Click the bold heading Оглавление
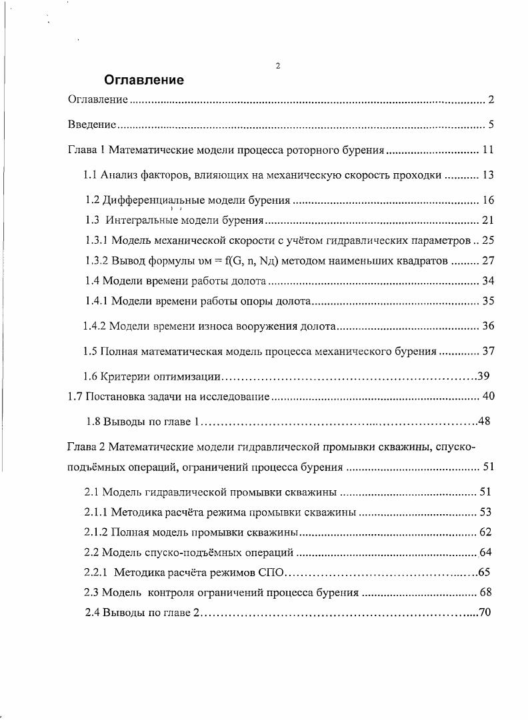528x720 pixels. (x=143, y=81)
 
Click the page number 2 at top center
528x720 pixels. (x=277, y=65)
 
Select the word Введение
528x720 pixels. (x=93, y=125)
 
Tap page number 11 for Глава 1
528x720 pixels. (x=487, y=150)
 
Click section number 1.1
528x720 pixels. (x=91, y=175)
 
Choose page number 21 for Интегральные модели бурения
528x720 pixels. (x=487, y=220)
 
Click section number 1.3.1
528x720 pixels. (x=96, y=240)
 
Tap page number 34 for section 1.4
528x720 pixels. (x=487, y=280)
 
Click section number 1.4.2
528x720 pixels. (x=94, y=326)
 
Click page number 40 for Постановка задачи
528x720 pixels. (x=487, y=396)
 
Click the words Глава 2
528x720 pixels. (x=85, y=446)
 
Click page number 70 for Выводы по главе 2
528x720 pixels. (x=485, y=612)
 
